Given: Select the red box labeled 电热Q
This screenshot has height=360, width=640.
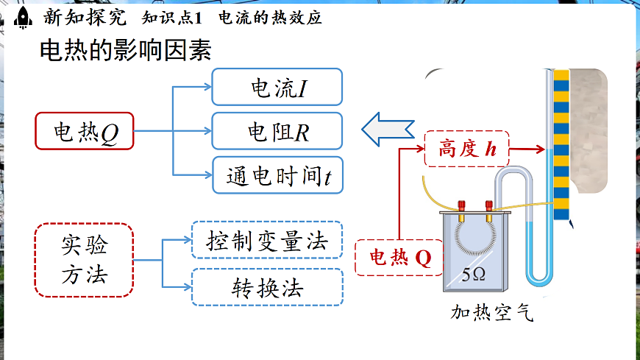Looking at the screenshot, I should point(85,131).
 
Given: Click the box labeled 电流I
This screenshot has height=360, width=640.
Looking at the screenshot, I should point(277,87).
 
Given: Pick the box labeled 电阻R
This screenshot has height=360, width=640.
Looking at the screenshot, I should point(277,131).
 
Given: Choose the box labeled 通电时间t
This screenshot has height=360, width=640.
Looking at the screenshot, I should point(277,175).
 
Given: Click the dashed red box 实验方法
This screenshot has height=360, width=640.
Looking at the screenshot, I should point(85,260).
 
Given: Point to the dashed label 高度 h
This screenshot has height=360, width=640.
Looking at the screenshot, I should point(467,149).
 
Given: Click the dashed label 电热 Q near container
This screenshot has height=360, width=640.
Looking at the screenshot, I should point(400,258).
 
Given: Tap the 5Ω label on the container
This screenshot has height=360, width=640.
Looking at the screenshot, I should point(473,275).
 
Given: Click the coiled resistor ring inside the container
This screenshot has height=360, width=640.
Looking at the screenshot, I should point(474,237).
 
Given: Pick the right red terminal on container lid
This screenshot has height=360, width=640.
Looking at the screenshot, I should point(486,207).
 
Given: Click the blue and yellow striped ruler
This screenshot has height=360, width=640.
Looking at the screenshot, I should point(561,140).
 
